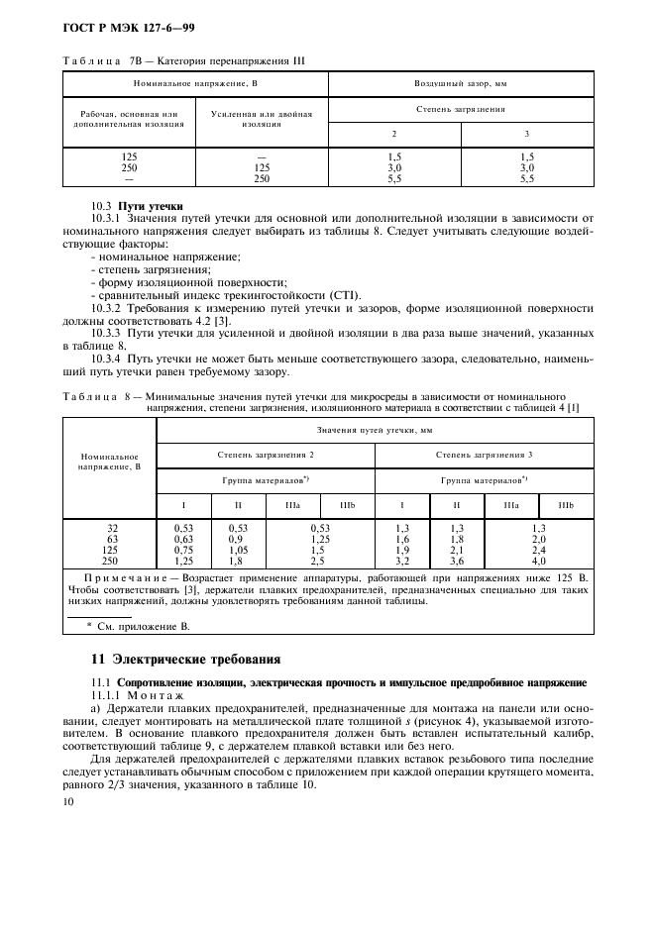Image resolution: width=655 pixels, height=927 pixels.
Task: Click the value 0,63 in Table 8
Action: pos(182,539)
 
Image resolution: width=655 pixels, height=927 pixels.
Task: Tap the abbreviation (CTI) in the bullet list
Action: pos(344,294)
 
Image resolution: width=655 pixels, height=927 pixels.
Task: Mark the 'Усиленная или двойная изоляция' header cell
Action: pos(262,119)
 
